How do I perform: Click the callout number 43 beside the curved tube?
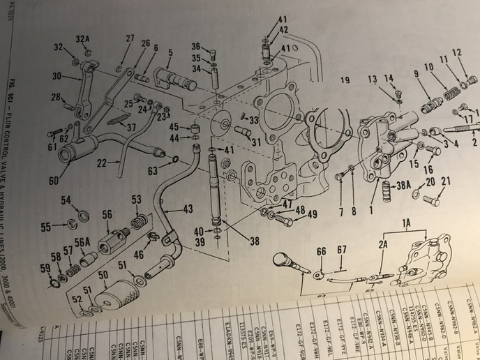(188, 208)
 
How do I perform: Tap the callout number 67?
(342, 250)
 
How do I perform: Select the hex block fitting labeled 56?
(111, 244)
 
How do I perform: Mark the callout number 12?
(456, 53)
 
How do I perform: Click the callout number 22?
(102, 163)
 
